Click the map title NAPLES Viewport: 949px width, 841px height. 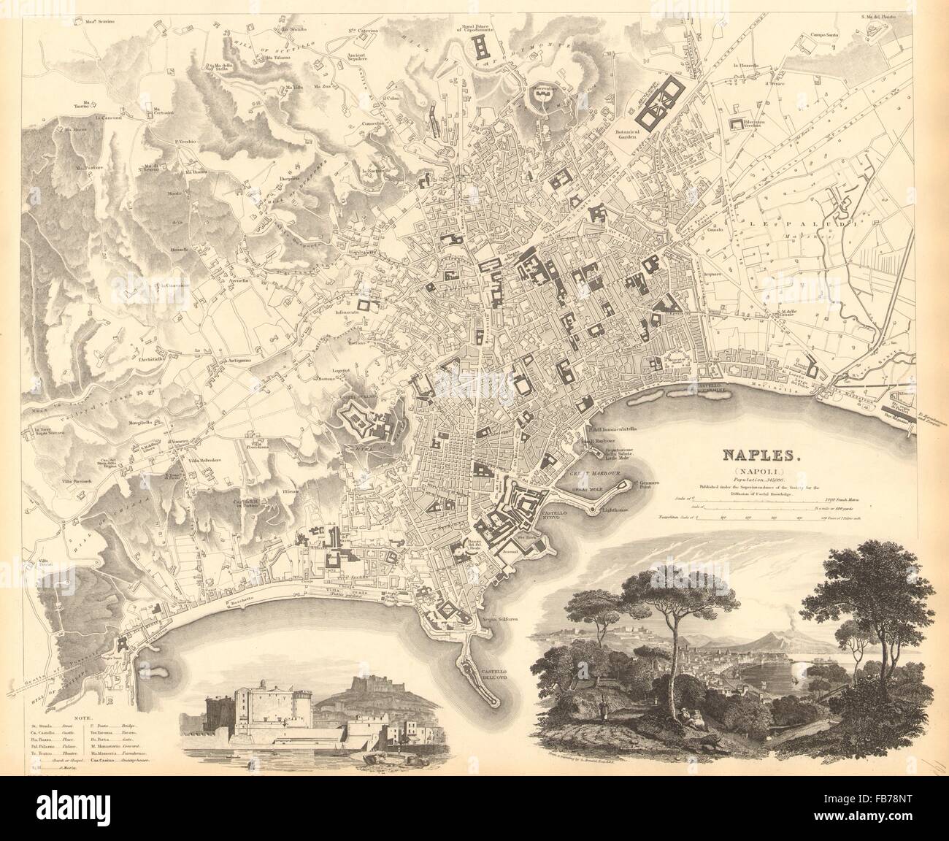click(x=761, y=454)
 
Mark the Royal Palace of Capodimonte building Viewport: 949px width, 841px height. click(x=483, y=49)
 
